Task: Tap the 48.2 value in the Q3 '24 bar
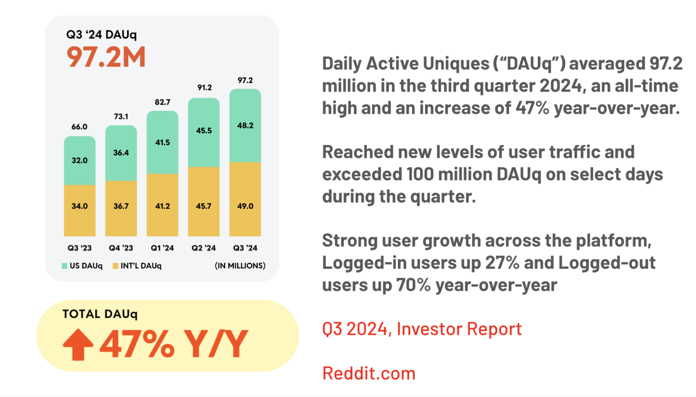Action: tap(245, 126)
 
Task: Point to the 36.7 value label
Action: tap(121, 206)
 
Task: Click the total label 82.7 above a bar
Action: tap(163, 102)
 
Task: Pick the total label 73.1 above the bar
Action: tap(121, 117)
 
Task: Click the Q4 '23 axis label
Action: tap(121, 248)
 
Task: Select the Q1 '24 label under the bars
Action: tap(163, 248)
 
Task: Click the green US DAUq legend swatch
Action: tap(65, 266)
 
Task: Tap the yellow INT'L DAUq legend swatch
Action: tap(116, 266)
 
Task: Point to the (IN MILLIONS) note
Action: tap(240, 266)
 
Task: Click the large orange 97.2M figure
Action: tap(106, 57)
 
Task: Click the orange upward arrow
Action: tap(78, 344)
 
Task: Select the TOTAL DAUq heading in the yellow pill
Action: tap(100, 314)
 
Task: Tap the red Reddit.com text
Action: tap(369, 373)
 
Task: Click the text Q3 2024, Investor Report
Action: tap(422, 329)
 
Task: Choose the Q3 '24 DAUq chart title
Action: tap(101, 34)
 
